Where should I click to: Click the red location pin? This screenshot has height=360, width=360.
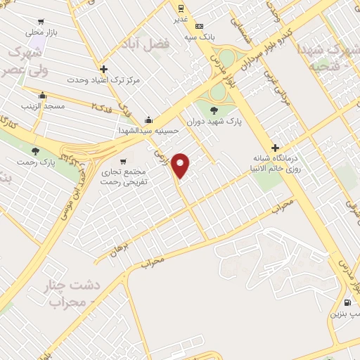181,165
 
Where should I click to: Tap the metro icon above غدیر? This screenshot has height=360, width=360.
181,8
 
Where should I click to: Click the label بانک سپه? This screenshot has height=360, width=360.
199,36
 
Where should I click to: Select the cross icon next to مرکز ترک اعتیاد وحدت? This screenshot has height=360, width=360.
104,69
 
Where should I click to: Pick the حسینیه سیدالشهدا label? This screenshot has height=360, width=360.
149,130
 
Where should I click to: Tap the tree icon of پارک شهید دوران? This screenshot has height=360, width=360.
214,109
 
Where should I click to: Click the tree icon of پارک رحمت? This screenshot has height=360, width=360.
35,150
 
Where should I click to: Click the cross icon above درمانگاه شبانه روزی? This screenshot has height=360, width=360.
275,148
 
